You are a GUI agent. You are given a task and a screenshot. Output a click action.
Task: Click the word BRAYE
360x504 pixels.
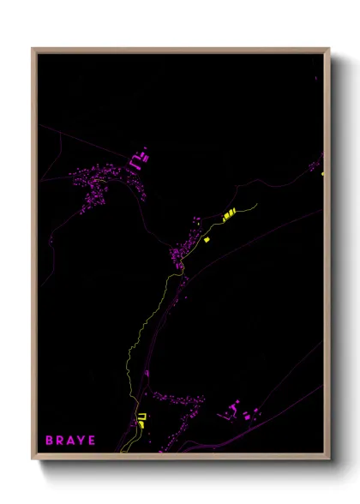click(70, 441)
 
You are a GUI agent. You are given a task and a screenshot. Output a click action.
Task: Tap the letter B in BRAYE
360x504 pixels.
click(49, 441)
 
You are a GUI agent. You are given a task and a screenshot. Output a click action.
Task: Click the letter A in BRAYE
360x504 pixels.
click(70, 441)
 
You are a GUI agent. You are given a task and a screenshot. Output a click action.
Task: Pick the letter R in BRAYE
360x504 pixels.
click(59, 441)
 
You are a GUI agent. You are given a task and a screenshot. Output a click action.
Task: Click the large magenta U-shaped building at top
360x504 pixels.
click(138, 160)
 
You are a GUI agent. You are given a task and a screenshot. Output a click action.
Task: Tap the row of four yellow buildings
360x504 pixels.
click(229, 215)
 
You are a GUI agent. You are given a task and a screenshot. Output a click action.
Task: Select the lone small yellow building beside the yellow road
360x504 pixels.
click(207, 240)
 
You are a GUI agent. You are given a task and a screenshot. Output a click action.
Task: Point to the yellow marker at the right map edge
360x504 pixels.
click(323, 174)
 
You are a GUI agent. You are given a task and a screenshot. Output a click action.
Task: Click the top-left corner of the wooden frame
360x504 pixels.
click(33, 49)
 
